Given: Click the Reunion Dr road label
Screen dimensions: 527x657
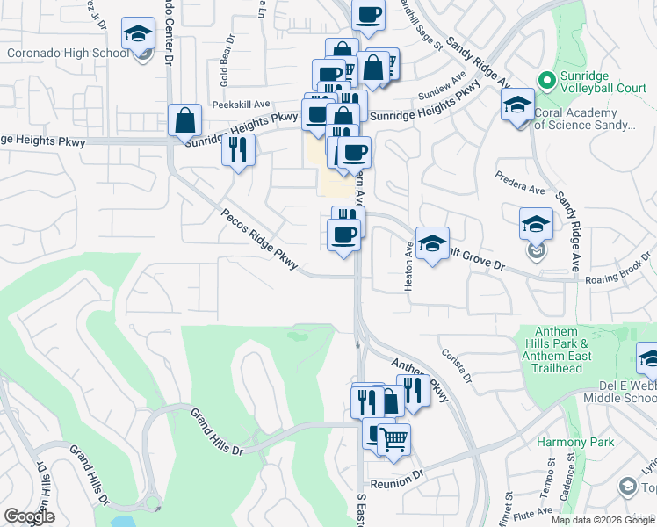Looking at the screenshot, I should pos(397,484).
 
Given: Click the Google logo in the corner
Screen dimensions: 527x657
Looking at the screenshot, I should pos(29,516).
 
